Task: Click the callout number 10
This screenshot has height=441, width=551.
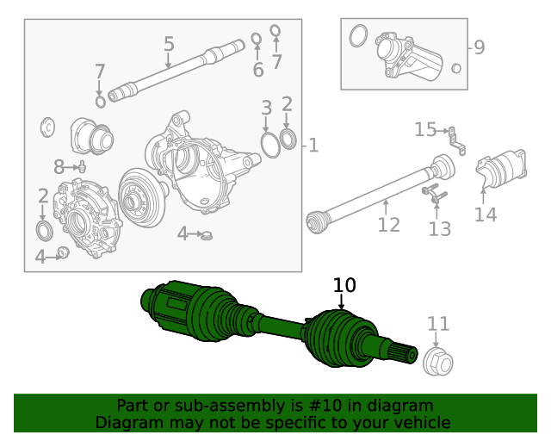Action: (x=344, y=286)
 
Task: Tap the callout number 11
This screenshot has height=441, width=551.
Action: (x=438, y=324)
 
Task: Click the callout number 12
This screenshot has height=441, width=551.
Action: (x=388, y=225)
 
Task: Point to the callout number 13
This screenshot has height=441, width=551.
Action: (x=439, y=228)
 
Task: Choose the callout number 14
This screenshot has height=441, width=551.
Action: (x=486, y=214)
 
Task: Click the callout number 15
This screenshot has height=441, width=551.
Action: (x=425, y=130)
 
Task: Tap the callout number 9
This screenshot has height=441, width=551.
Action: (x=479, y=47)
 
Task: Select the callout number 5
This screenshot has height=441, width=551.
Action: (x=169, y=44)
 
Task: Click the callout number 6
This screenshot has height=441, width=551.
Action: (x=257, y=70)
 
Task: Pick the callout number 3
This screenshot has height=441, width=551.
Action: (x=267, y=108)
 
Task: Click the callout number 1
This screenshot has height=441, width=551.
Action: (x=313, y=146)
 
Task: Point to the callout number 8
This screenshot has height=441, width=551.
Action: (x=59, y=166)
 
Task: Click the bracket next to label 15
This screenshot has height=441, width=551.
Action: (x=457, y=140)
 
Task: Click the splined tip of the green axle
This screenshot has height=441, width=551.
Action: (x=406, y=352)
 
